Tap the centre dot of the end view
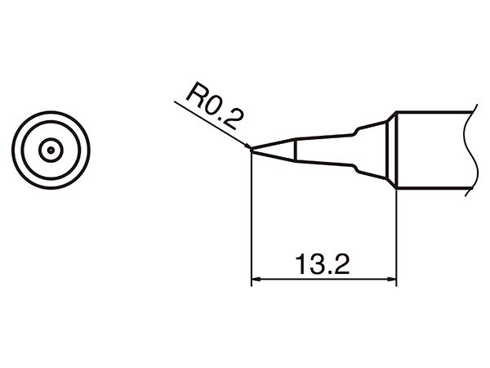point(51,150)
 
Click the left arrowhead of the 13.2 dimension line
point(256,280)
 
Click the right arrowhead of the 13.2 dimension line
point(391,280)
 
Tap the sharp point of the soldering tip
point(252,150)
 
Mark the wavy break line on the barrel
point(467,151)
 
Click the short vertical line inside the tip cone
point(296,151)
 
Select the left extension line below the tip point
point(252,221)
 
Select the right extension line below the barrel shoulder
point(396,237)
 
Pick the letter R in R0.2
point(194,96)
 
